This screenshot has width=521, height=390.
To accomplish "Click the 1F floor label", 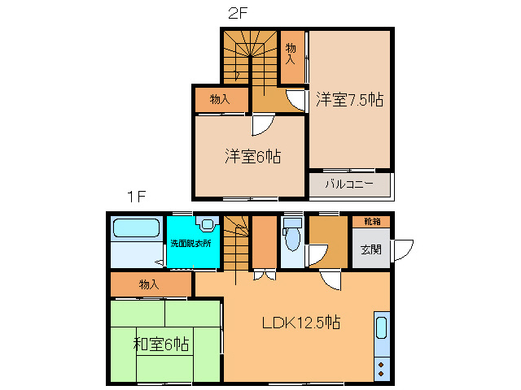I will coord(135,197).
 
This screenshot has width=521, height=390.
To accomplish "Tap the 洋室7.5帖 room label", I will coord(349,100).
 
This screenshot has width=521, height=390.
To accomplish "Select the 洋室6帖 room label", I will coord(252,157).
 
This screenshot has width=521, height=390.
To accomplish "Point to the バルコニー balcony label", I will coord(349,184).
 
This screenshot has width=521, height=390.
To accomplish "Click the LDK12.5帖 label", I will coord(300,323).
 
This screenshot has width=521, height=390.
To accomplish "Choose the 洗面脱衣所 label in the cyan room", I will coord(190,243).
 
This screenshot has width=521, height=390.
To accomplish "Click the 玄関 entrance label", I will coord(370,249).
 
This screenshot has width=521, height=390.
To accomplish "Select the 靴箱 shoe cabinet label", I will coord(371,221).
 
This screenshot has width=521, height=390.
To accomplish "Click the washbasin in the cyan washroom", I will coord(207,224).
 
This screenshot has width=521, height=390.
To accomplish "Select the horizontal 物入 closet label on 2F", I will coord(218,100).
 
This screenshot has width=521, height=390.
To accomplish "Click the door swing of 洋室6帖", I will coord(262,124).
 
